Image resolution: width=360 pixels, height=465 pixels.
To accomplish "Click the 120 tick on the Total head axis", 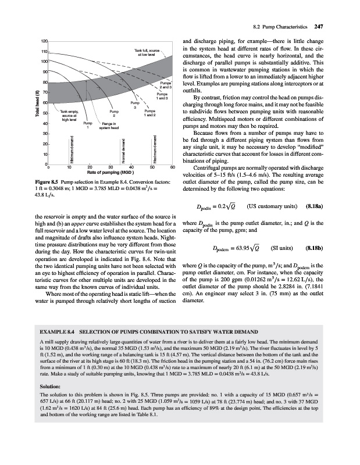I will (x=27, y=41).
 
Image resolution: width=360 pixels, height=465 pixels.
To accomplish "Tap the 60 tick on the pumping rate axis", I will (x=172, y=167).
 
